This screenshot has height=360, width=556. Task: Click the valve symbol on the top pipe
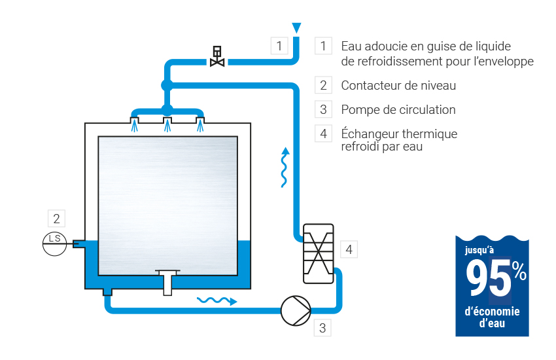(x=217, y=57)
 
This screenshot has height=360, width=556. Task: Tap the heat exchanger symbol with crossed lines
(x=319, y=253)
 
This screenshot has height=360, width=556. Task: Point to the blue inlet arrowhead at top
(x=296, y=27)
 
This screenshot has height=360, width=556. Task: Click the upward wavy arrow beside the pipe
(x=285, y=168)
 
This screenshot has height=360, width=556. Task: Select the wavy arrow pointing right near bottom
(x=217, y=300)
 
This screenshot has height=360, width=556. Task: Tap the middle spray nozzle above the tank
(x=167, y=123)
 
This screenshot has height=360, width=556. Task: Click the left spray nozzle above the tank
(x=134, y=123)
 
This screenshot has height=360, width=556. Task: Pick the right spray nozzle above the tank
(x=200, y=123)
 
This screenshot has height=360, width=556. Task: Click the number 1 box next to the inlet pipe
(x=279, y=46)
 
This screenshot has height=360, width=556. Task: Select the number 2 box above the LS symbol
(x=57, y=219)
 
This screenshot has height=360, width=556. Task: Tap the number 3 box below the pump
(x=322, y=328)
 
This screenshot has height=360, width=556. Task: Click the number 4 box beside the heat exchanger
(x=349, y=249)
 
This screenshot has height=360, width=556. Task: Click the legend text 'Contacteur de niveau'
(x=398, y=86)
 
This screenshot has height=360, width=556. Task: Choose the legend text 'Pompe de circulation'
(x=398, y=109)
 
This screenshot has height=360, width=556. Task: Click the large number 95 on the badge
(x=489, y=279)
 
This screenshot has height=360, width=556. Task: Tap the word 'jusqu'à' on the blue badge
(x=479, y=250)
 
